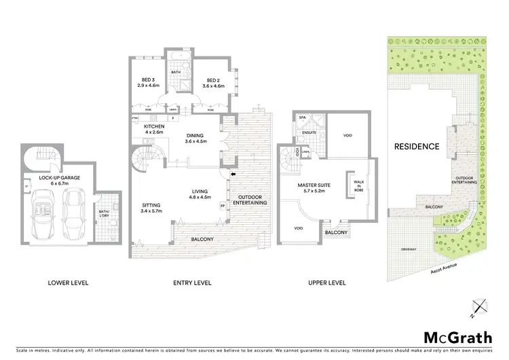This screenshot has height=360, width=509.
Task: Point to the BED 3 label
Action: tap(147, 83)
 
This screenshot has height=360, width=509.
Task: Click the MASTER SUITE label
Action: tap(314, 187)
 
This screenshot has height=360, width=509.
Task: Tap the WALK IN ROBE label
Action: tap(358, 183)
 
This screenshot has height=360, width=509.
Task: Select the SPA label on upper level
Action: tap(302, 118)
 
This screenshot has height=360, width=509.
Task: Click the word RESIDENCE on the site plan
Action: tap(417, 146)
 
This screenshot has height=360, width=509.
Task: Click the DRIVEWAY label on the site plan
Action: tap(408, 249)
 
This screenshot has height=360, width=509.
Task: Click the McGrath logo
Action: tap(453, 337)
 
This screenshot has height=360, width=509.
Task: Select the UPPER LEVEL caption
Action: tap(327, 283)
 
